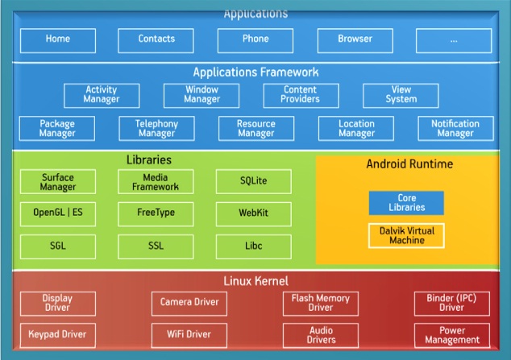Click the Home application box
pyautogui.click(x=57, y=39)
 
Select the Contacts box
pyautogui.click(x=156, y=39)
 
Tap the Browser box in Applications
pyautogui.click(x=355, y=39)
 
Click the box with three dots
pyautogui.click(x=454, y=39)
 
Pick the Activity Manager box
pyautogui.click(x=102, y=95)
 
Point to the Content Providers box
pyautogui.click(x=300, y=95)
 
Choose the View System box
pyautogui.click(x=401, y=95)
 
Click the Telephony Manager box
pyautogui.click(x=156, y=129)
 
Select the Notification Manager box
pyautogui.click(x=455, y=129)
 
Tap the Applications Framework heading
pyautogui.click(x=255, y=72)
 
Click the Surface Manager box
pyautogui.click(x=57, y=181)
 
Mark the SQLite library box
pyautogui.click(x=254, y=181)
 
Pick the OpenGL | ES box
pyautogui.click(x=57, y=213)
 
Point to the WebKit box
pyautogui.click(x=254, y=213)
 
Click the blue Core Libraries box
pyautogui.click(x=406, y=202)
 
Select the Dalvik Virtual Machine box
pyautogui.click(x=406, y=235)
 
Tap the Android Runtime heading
pyautogui.click(x=409, y=164)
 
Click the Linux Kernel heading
pyautogui.click(x=255, y=281)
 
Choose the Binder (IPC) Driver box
pyautogui.click(x=451, y=304)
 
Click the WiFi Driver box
pyautogui.click(x=189, y=334)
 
